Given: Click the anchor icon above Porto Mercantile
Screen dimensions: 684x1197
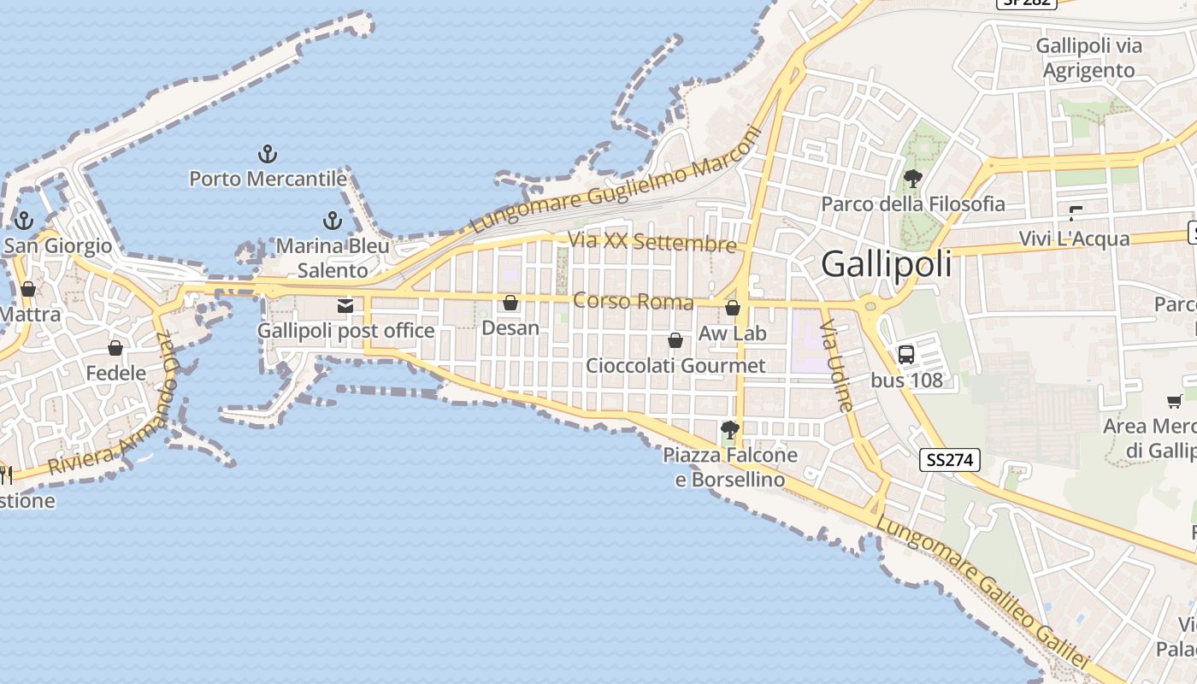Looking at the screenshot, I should click(x=268, y=155).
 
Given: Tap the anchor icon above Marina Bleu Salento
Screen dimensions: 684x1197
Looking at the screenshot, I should click(x=333, y=221).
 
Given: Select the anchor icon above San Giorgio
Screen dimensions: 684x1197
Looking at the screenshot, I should click(x=24, y=221).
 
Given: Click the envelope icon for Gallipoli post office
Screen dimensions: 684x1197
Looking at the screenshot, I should click(x=345, y=306).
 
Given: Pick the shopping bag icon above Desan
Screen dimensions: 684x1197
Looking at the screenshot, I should click(x=510, y=303).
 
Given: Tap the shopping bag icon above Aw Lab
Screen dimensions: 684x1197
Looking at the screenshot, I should click(x=733, y=308).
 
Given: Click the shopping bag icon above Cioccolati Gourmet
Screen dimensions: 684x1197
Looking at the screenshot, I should click(x=675, y=340).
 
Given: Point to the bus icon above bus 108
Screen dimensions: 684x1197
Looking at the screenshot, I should click(x=906, y=354).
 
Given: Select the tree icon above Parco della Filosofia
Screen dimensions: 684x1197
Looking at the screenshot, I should click(x=912, y=179).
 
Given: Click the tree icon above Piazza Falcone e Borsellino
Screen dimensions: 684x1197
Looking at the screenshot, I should click(x=730, y=429).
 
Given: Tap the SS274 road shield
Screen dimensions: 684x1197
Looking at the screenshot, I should click(x=950, y=460).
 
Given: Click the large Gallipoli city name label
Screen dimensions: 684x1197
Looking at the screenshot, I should click(x=886, y=264).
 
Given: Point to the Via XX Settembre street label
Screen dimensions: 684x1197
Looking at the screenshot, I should click(x=652, y=242).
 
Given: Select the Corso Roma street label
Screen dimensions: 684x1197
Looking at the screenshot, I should click(x=633, y=301).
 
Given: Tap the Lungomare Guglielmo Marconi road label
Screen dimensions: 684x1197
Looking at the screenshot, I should click(x=616, y=181).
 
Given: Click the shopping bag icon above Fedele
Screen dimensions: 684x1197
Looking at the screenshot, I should click(x=115, y=348).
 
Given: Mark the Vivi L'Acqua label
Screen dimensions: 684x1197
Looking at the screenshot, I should click(x=1074, y=239).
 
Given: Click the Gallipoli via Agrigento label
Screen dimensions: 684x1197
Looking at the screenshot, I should click(x=1088, y=58).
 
